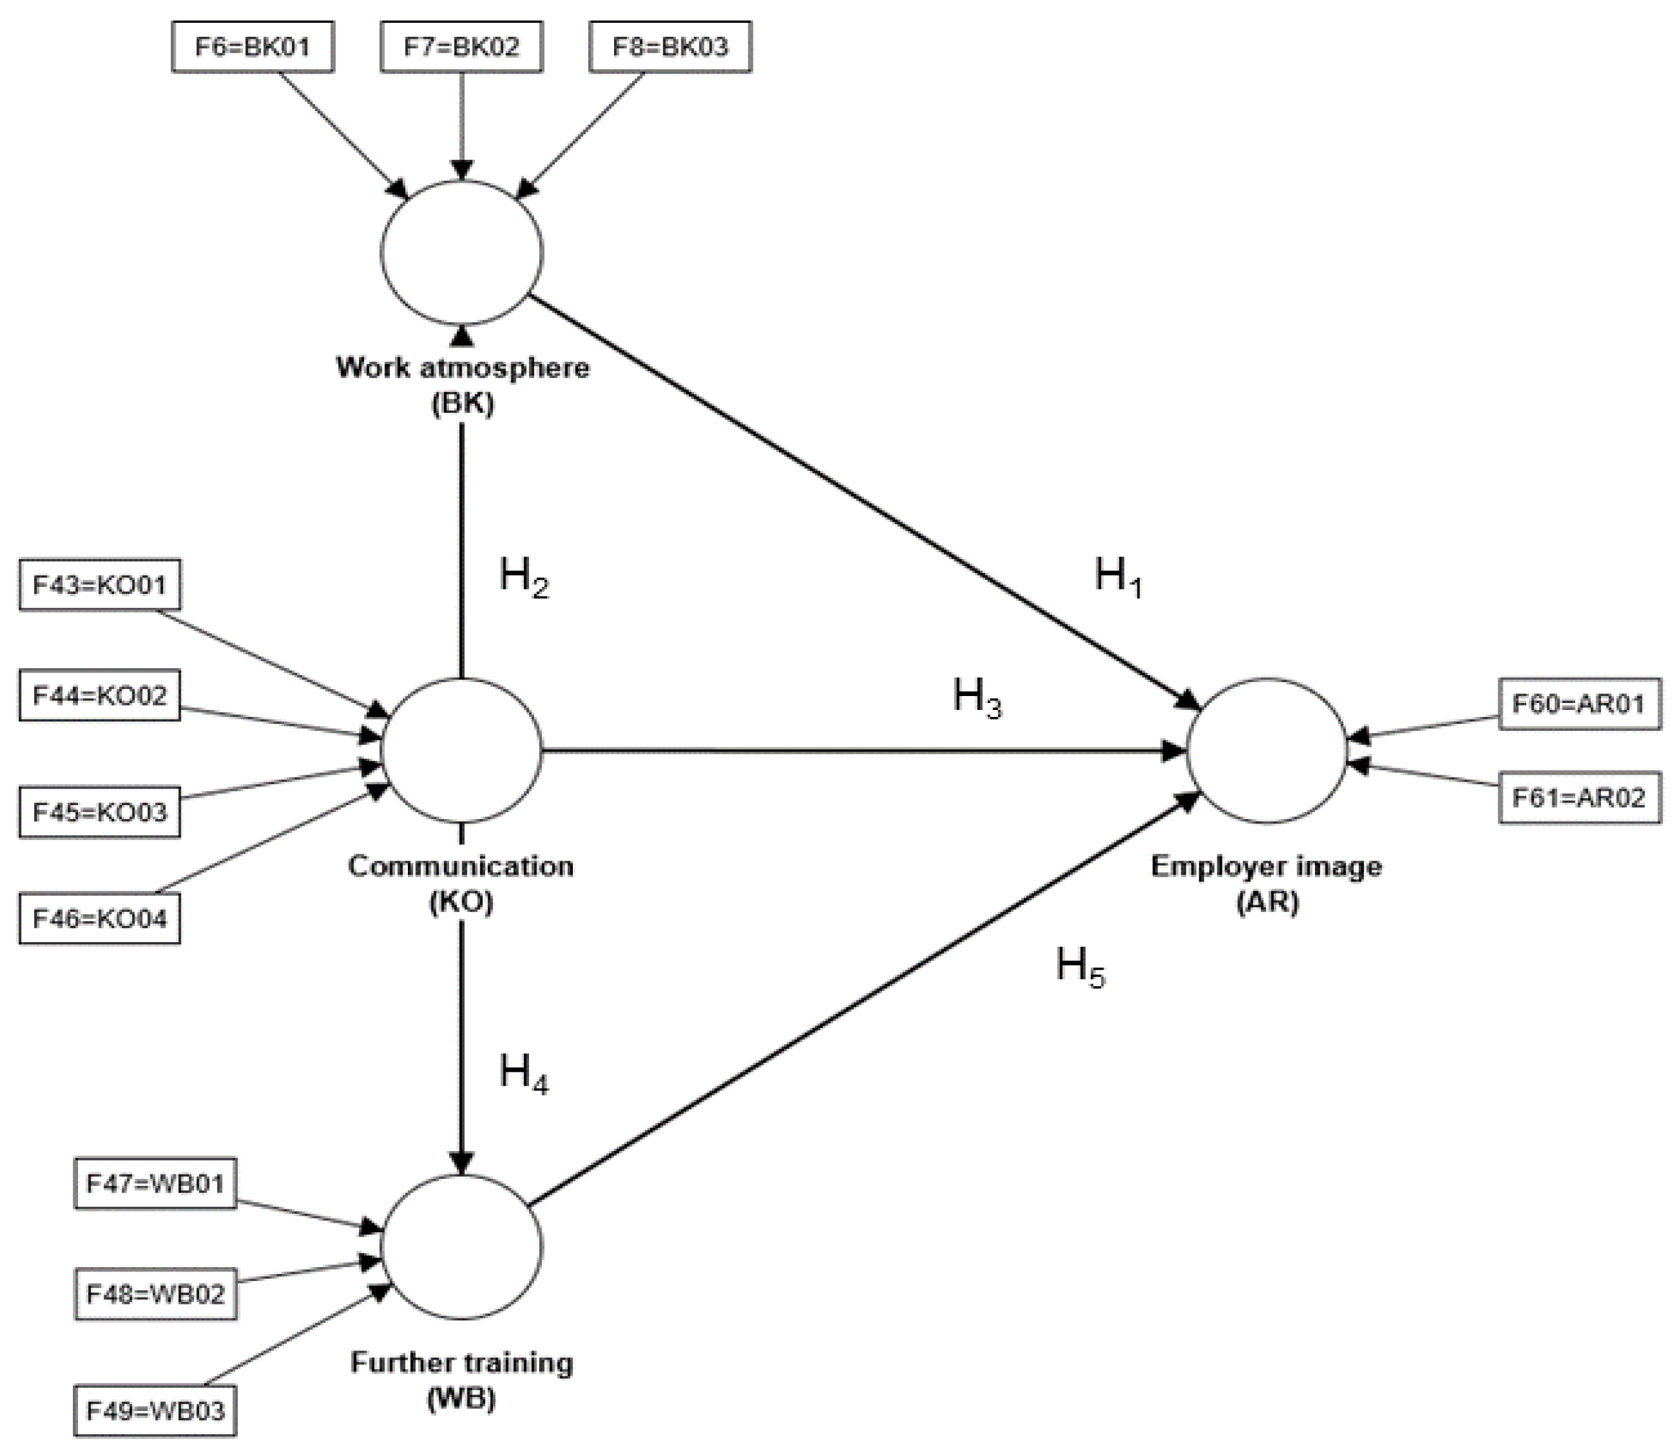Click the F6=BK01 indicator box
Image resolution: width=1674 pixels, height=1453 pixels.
pyautogui.click(x=252, y=47)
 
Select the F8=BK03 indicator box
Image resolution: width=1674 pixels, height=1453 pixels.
pyautogui.click(x=670, y=47)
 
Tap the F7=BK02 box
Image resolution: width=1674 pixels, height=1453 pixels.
pyautogui.click(x=461, y=47)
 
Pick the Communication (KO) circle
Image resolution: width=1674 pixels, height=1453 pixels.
pyautogui.click(x=461, y=751)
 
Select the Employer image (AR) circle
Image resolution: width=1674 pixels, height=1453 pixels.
pyautogui.click(x=1266, y=751)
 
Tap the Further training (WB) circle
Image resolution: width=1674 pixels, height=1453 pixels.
pyautogui.click(x=461, y=1247)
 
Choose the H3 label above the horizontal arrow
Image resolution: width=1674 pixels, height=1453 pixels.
pyautogui.click(x=977, y=697)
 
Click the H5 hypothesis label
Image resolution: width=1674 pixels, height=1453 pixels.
pyautogui.click(x=1080, y=968)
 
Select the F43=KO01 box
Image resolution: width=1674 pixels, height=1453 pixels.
pyautogui.click(x=99, y=584)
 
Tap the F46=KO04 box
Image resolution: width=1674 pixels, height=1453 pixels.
pyautogui.click(x=99, y=919)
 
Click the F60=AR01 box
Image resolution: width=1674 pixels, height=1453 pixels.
pyautogui.click(x=1578, y=704)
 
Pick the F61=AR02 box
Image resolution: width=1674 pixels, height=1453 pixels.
pyautogui.click(x=1578, y=798)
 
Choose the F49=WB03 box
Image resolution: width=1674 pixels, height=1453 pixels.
pyautogui.click(x=155, y=1411)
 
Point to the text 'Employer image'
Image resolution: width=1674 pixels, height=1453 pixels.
pyautogui.click(x=1266, y=866)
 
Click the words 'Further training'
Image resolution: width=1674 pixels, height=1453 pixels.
pyautogui.click(x=461, y=1362)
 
